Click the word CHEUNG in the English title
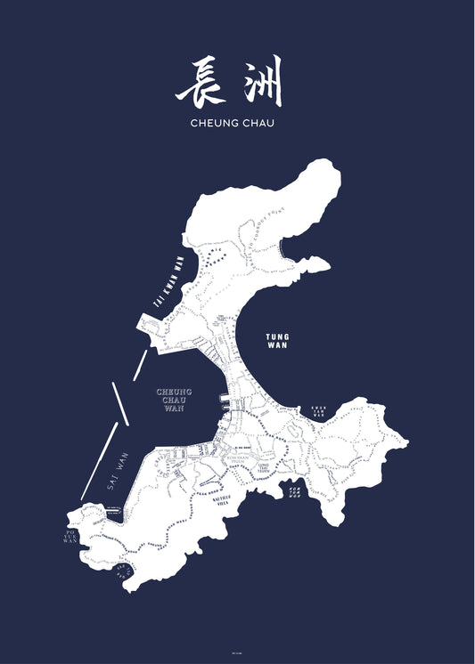click(214, 124)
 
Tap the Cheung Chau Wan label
click(175, 399)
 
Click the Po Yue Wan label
click(71, 540)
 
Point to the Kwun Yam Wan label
click(318, 410)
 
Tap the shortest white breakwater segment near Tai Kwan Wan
click(141, 360)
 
